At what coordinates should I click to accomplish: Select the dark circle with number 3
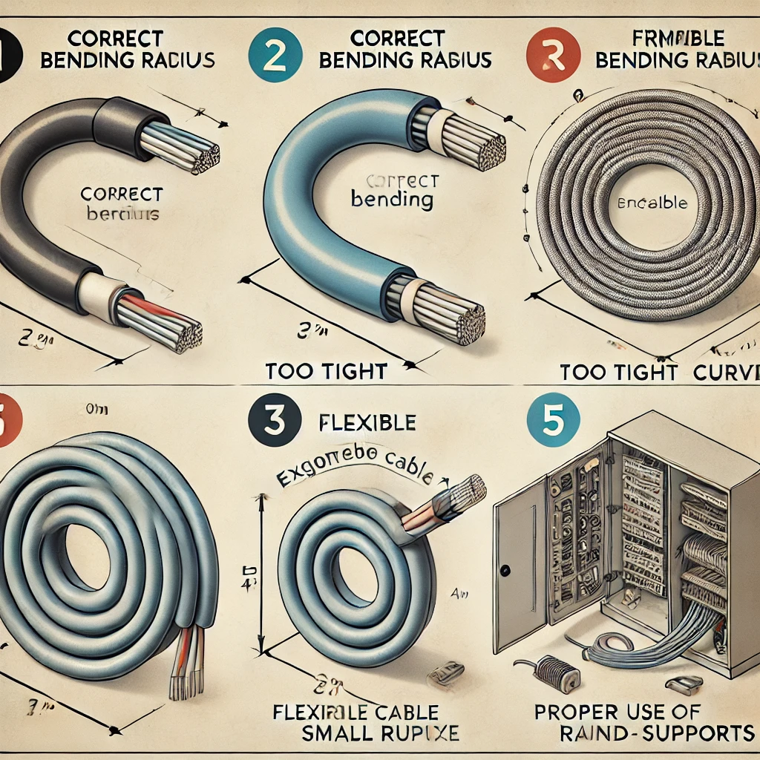[275, 425]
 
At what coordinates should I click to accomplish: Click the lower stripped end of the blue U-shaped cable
[450, 315]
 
